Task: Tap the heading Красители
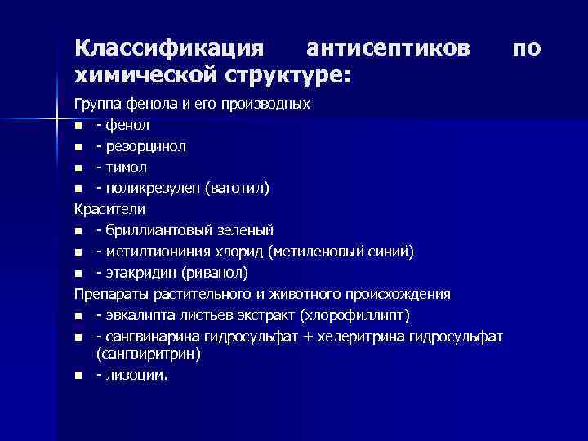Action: click(109, 209)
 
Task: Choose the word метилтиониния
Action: click(154, 251)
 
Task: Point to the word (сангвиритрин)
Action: click(148, 354)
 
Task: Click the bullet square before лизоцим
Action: click(78, 376)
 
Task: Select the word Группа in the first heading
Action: click(96, 105)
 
